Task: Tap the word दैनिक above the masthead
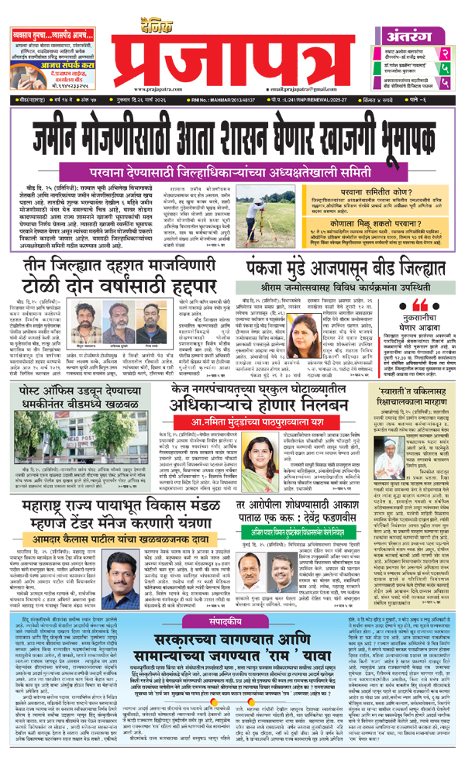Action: click(232, 11)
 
